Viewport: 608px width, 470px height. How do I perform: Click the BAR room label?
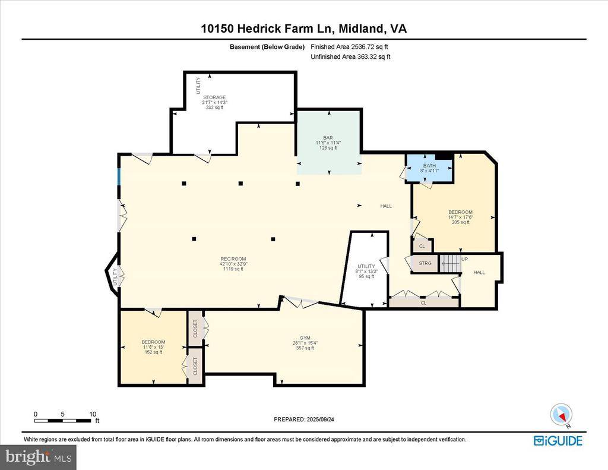click(328, 143)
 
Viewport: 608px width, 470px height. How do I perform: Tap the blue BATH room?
click(429, 169)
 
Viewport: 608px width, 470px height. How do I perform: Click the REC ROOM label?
click(233, 263)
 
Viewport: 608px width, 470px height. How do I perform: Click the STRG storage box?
click(425, 263)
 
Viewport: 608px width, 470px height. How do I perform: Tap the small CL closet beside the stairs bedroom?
click(422, 245)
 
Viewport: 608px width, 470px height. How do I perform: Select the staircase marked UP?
click(451, 262)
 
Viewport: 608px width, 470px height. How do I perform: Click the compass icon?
click(560, 414)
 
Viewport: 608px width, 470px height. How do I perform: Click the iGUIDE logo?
click(558, 441)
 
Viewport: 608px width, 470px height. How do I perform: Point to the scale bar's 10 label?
click(92, 414)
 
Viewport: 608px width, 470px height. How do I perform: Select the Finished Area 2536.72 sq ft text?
click(350, 46)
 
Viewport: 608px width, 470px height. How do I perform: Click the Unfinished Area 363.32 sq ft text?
click(350, 57)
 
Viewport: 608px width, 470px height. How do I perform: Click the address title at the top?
click(304, 29)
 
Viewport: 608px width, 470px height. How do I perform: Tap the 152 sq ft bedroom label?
click(153, 347)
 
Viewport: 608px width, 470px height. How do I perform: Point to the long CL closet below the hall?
click(423, 302)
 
